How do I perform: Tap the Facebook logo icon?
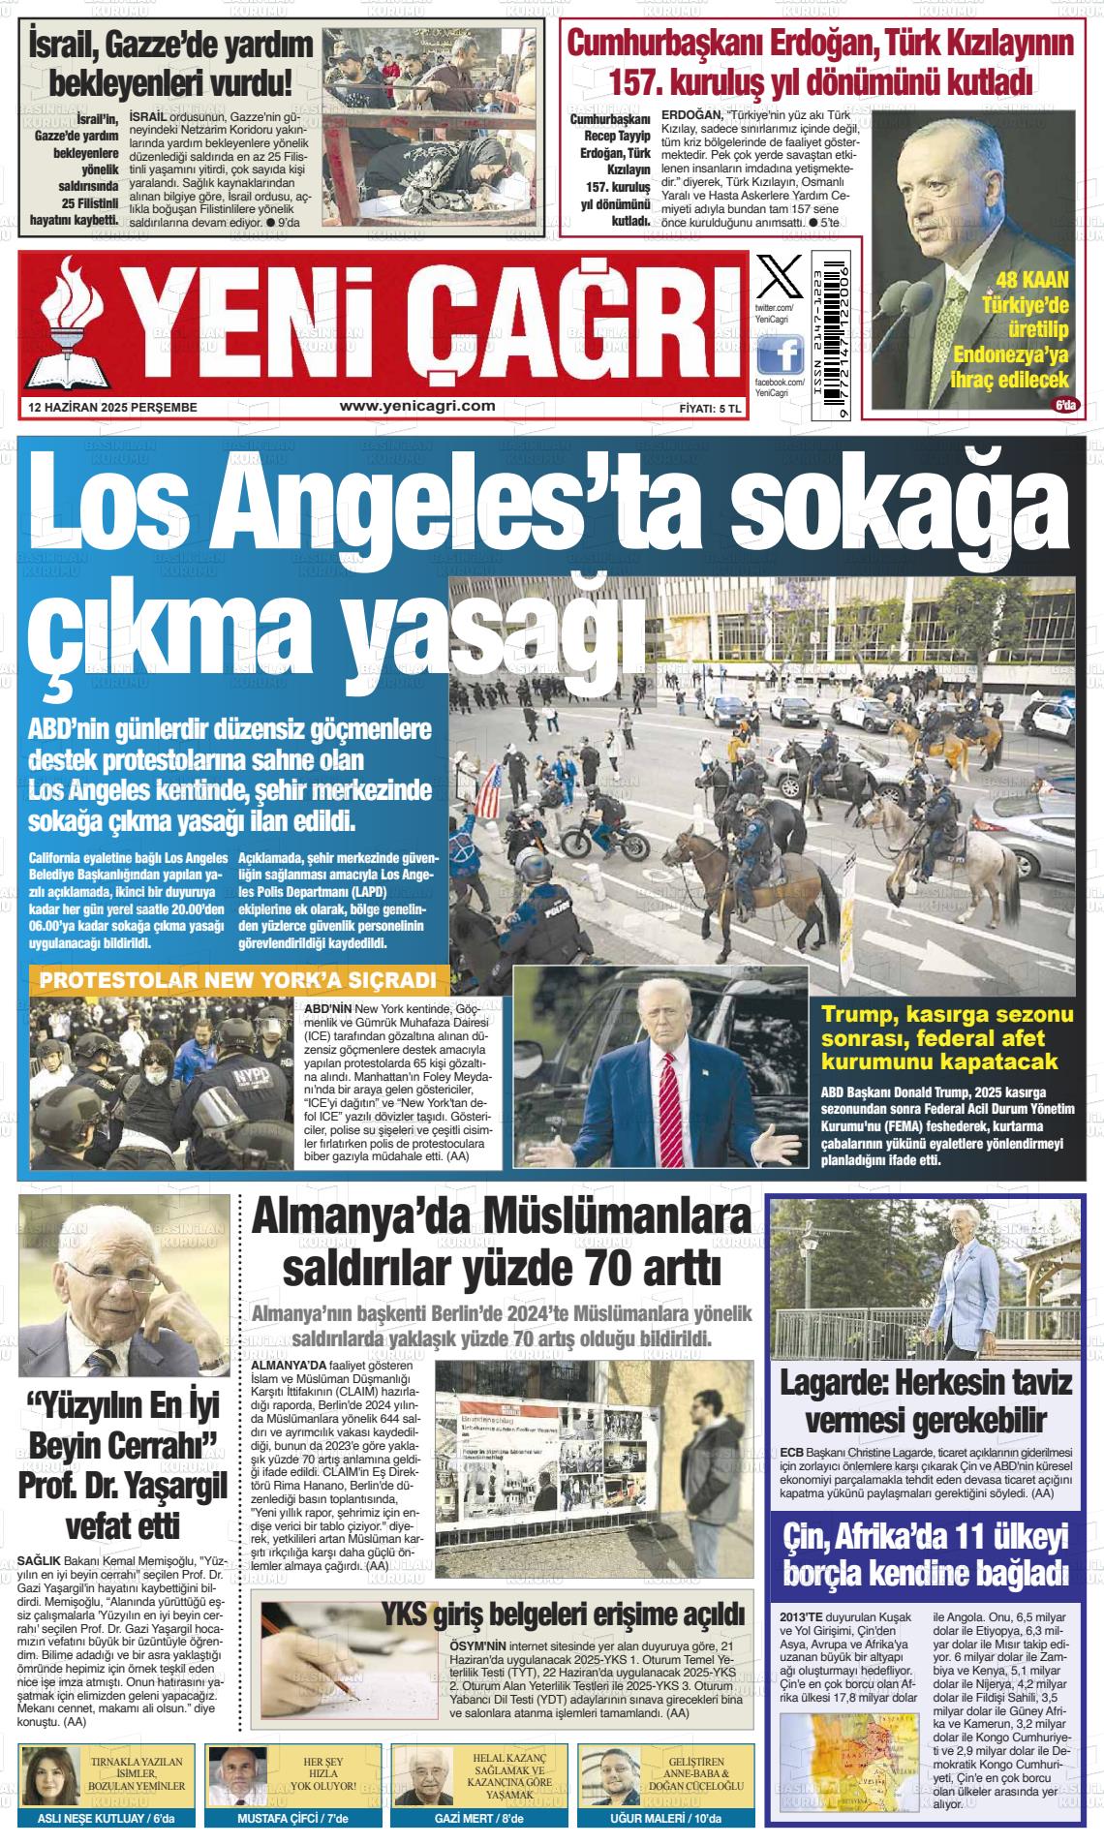(x=779, y=356)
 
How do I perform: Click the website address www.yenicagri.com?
(x=417, y=407)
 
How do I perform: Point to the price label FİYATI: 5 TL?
(x=709, y=409)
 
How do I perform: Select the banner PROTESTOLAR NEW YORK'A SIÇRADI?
(x=238, y=981)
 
